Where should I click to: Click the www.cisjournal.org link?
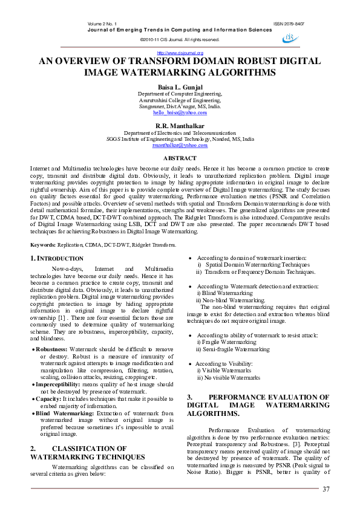click(x=180, y=53)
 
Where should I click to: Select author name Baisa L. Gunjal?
click(x=180, y=86)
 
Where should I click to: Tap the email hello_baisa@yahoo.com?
click(x=180, y=113)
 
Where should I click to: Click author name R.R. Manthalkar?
click(x=180, y=125)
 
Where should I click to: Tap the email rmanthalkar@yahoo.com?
click(x=180, y=146)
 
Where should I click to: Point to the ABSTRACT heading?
click(x=180, y=157)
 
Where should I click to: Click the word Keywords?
click(x=43, y=245)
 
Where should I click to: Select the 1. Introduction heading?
click(x=58, y=259)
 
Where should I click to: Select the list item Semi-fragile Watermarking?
click(x=232, y=349)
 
